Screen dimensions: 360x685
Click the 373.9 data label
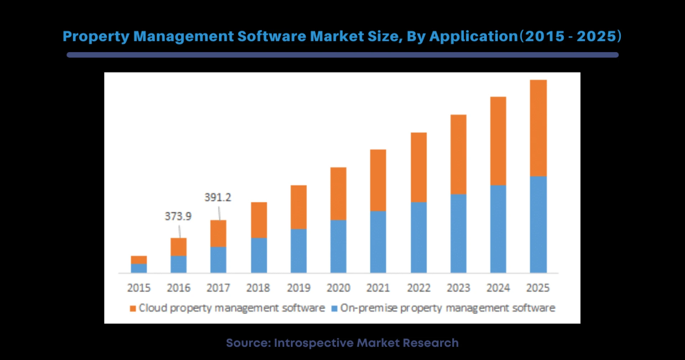pos(178,216)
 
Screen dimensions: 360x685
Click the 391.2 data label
pos(218,197)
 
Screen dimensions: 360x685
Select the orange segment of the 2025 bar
pos(538,128)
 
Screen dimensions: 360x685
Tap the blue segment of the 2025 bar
pos(538,224)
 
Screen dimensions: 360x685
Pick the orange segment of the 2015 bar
pos(139,260)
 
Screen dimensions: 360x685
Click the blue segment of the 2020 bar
pos(338,246)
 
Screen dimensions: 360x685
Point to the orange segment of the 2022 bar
pos(418,167)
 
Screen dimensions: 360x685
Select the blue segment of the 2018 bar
pos(259,255)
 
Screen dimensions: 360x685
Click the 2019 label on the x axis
pos(299,288)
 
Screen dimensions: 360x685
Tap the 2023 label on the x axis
pos(458,288)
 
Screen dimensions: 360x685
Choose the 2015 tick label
pos(139,288)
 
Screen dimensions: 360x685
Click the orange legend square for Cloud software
pos(133,309)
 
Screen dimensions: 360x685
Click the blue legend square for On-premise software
pos(334,309)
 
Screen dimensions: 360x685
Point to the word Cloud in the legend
pos(153,308)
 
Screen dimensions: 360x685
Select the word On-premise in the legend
pos(369,308)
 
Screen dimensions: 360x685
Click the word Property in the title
pos(96,37)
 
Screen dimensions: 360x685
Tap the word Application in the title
pos(473,37)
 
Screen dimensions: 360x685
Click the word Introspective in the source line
pos(314,343)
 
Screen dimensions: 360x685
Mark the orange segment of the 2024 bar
pos(498,141)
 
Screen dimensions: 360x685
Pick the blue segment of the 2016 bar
pos(178,264)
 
